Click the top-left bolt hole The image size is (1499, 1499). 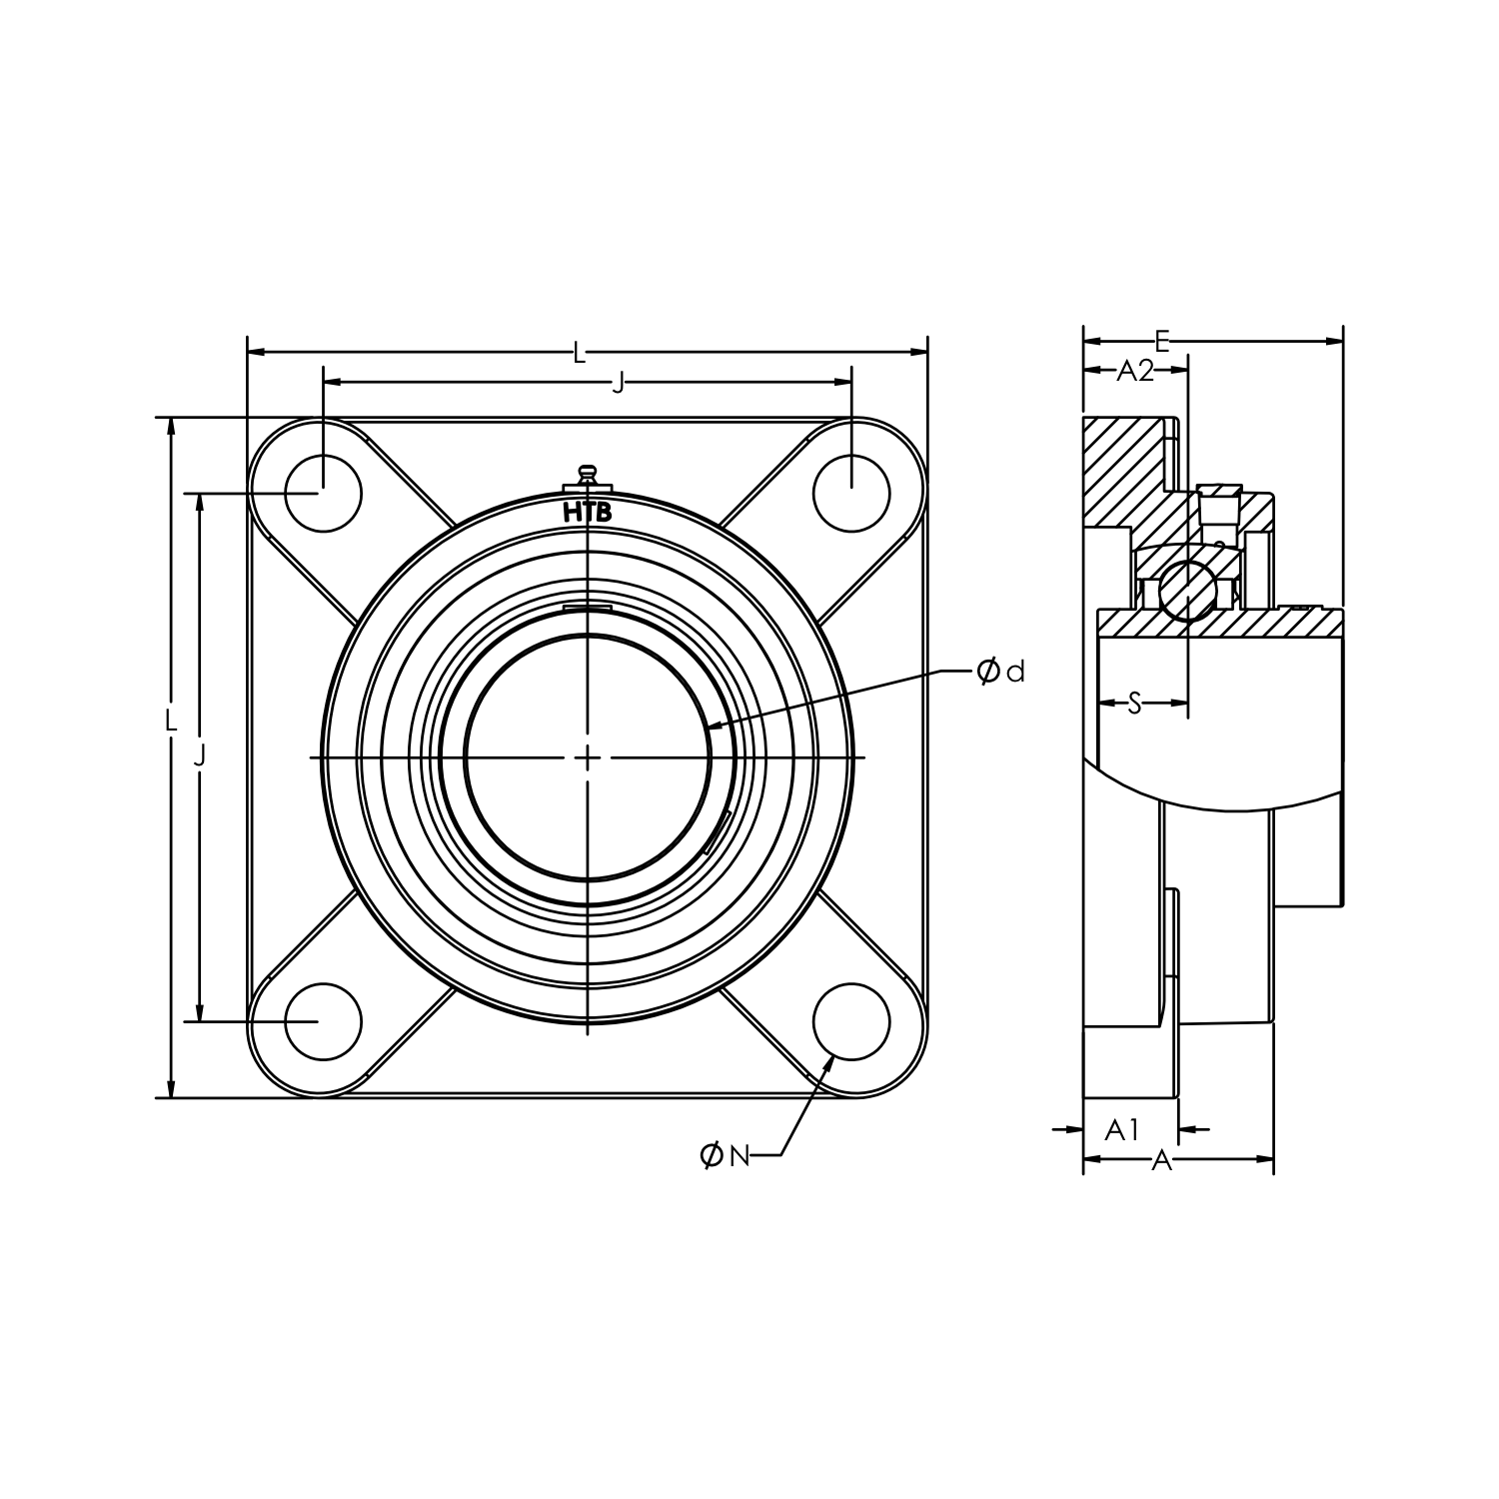pos(323,493)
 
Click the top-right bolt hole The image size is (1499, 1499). pos(851,493)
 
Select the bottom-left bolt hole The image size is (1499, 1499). pos(323,1021)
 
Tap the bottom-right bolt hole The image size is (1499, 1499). pos(851,1021)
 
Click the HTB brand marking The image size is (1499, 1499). pos(588,514)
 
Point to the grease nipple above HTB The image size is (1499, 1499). pos(588,475)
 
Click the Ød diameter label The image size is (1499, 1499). pos(1000,672)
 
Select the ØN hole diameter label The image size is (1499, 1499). pos(725,1156)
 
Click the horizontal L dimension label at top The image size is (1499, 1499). pos(579,352)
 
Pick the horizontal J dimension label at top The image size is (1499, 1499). pos(618,382)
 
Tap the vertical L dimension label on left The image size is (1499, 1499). pos(171,720)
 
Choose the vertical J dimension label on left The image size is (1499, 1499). pos(200,756)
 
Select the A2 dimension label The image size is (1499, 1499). pos(1134,371)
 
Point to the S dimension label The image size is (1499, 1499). pos(1134,704)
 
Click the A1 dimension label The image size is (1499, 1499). pos(1122,1130)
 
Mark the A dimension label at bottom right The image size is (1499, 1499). pos(1161,1160)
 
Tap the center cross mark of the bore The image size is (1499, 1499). pos(588,757)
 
